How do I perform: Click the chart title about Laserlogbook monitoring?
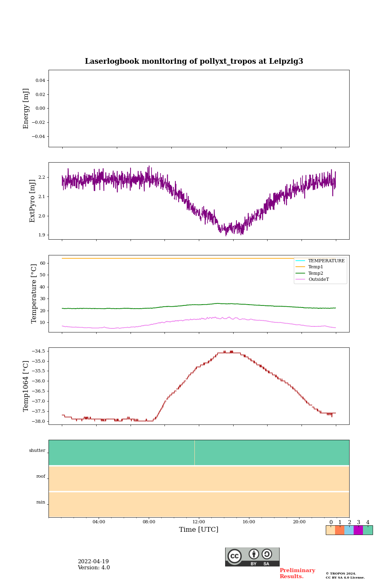point(194,61)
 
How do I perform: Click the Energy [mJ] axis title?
point(26,109)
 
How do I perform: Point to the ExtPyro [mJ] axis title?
point(32,201)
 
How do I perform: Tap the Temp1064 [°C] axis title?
point(26,386)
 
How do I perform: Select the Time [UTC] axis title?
point(199,530)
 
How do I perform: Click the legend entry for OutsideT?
point(318,280)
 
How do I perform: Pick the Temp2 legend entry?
point(316,273)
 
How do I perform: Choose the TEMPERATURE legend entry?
point(326,261)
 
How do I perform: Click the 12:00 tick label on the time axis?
point(199,522)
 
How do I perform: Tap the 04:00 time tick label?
point(99,522)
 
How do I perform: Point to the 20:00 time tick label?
point(299,522)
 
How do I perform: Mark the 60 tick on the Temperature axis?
point(42,263)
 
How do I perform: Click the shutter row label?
point(37,451)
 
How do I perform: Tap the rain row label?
point(41,502)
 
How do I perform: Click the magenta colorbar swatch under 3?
point(358,530)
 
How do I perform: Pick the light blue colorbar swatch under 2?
point(349,530)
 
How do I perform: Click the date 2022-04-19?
point(93,562)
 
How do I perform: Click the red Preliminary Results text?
point(297,573)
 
